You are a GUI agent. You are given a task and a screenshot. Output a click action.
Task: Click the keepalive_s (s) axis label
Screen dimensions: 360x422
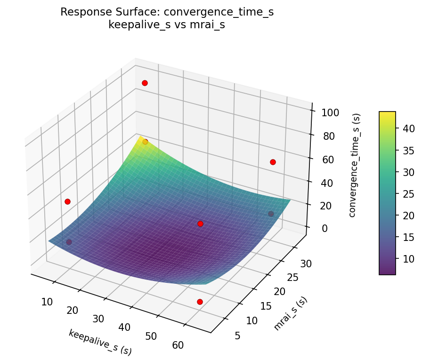pos(100,342)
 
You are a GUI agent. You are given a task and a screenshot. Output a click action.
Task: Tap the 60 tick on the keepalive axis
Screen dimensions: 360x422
pos(178,345)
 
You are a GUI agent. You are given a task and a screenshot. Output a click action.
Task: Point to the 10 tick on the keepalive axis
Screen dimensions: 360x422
pos(47,302)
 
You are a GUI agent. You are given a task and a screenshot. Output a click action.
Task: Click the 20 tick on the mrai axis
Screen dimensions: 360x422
pos(280,292)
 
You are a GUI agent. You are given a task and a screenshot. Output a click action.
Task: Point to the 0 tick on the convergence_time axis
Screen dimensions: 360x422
pos(325,228)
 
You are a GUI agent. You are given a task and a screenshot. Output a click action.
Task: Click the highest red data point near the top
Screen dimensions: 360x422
pos(145,83)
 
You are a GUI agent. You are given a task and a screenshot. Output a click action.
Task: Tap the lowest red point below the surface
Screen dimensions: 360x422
pos(200,302)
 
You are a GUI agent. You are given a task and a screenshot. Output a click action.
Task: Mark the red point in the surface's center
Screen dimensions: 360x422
pos(200,224)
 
